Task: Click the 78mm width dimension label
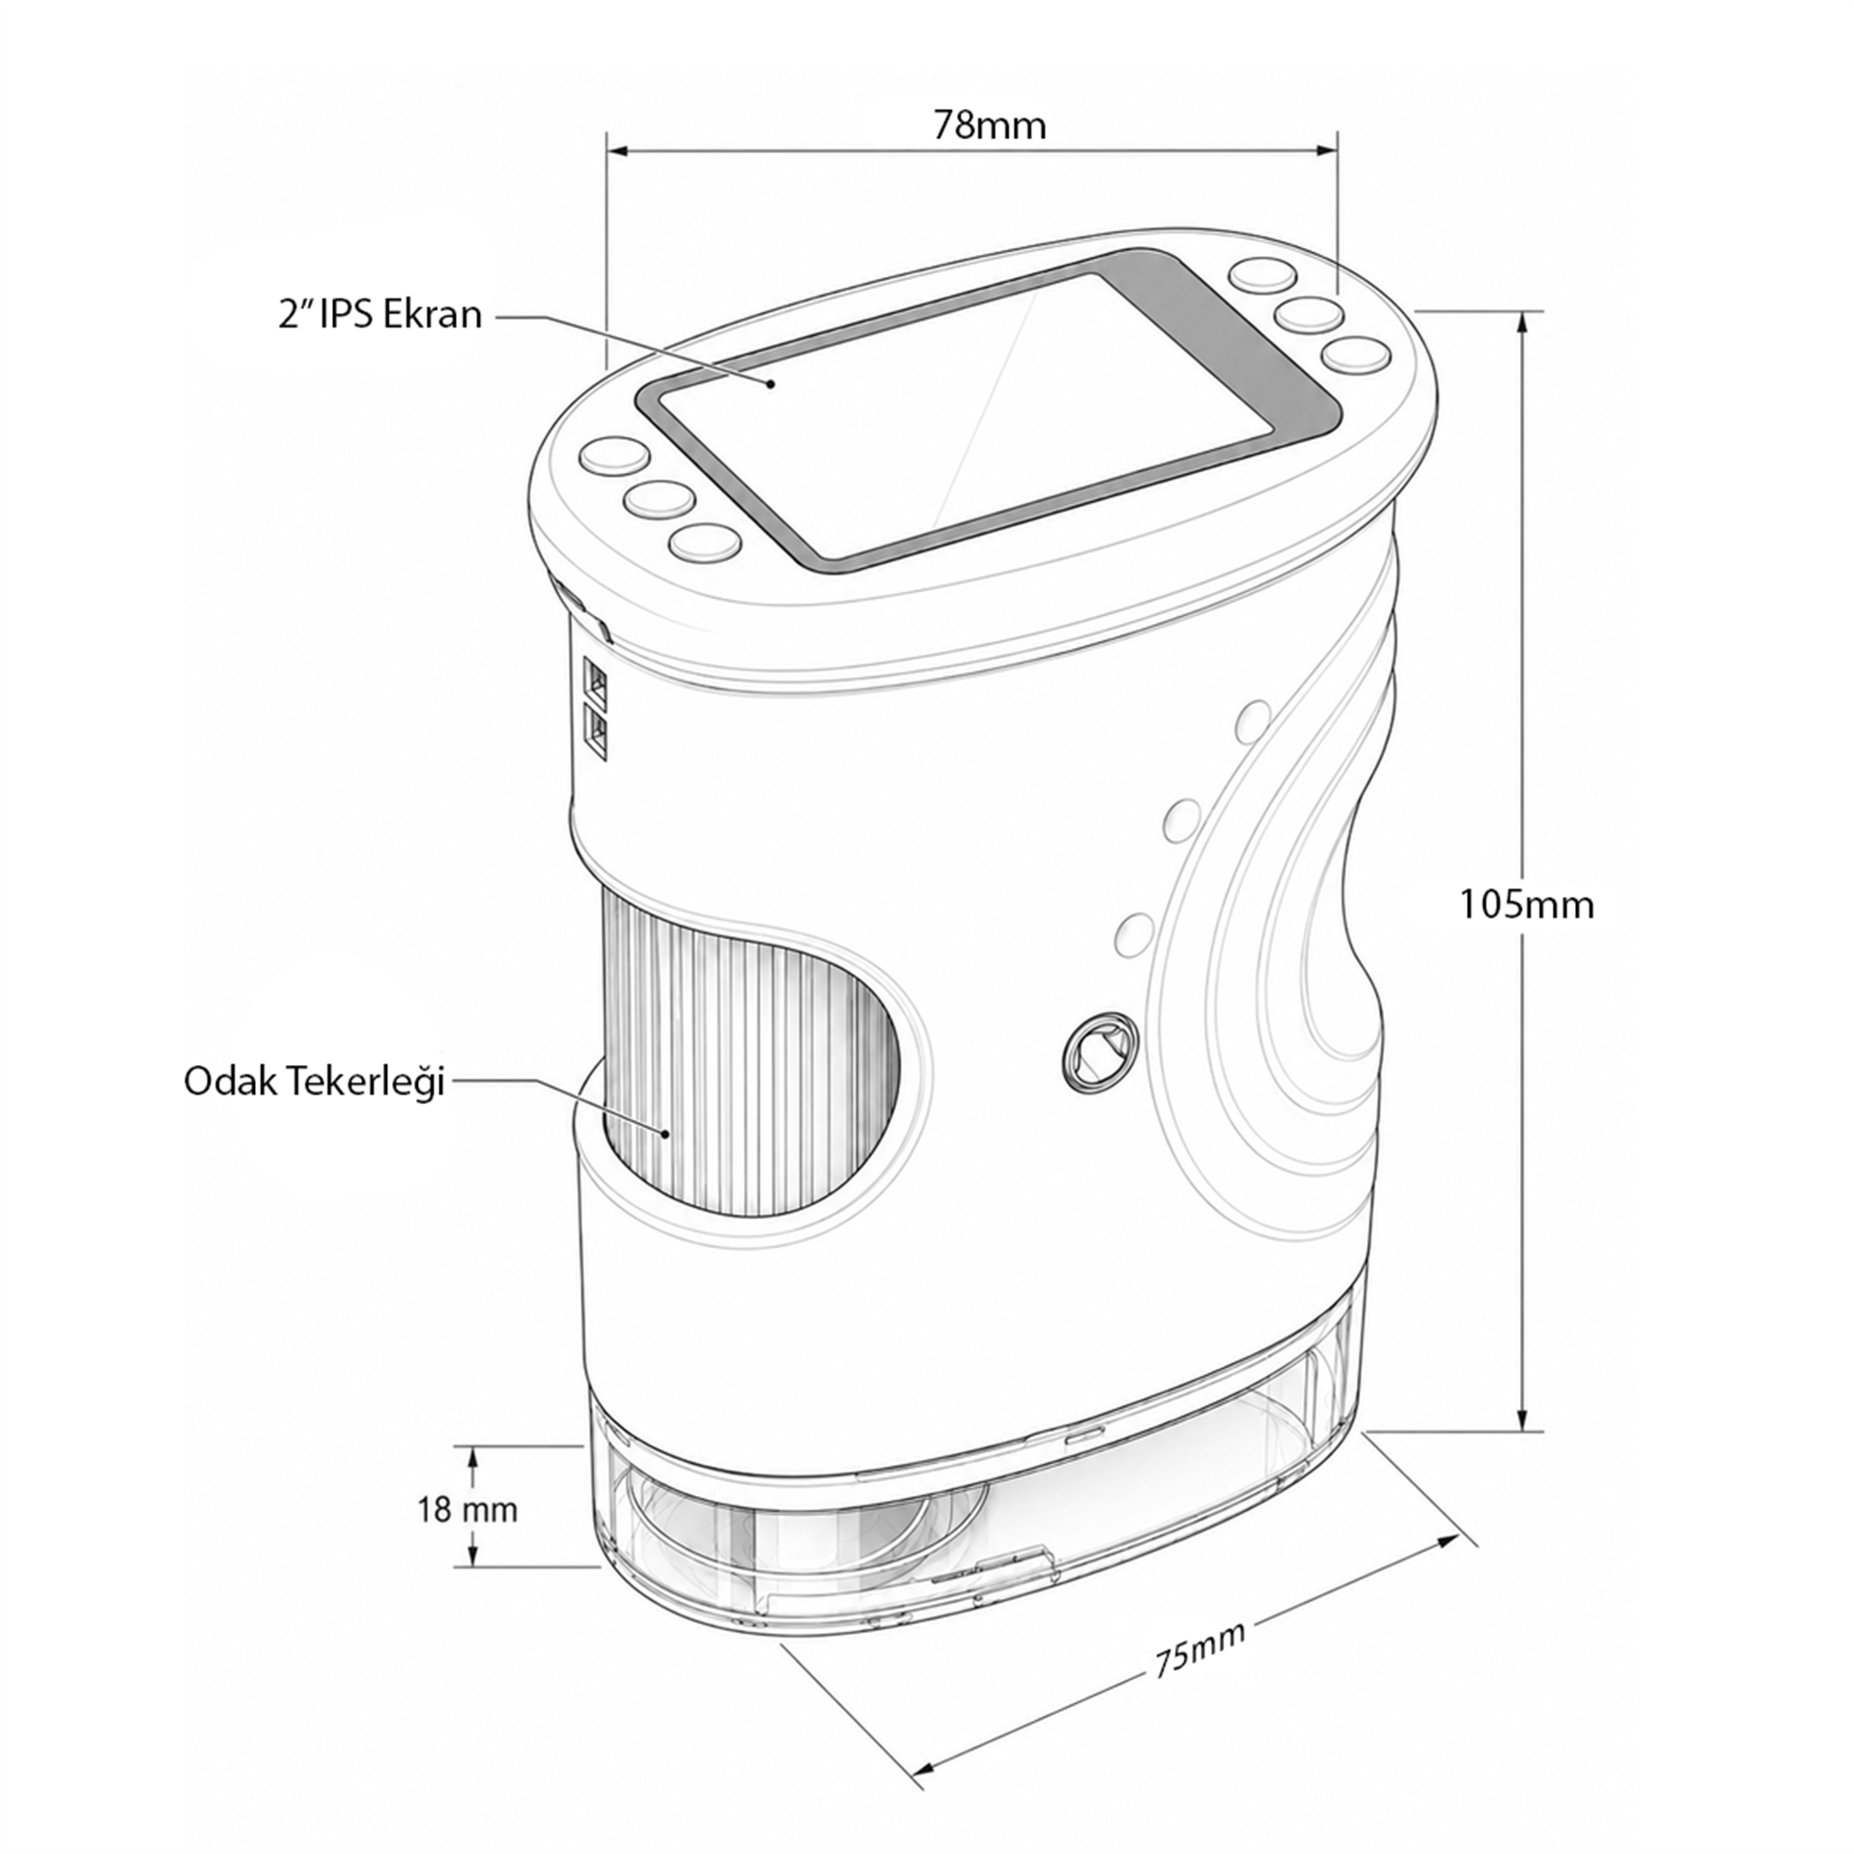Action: [x=989, y=126]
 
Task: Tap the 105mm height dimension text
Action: [x=1526, y=905]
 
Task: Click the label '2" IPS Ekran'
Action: [x=379, y=315]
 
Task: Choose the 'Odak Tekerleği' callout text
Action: [x=314, y=1082]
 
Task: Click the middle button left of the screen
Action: [x=660, y=498]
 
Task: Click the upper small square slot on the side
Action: [x=597, y=682]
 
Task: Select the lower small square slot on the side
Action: [x=597, y=735]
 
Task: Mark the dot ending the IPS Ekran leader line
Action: [x=771, y=383]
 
